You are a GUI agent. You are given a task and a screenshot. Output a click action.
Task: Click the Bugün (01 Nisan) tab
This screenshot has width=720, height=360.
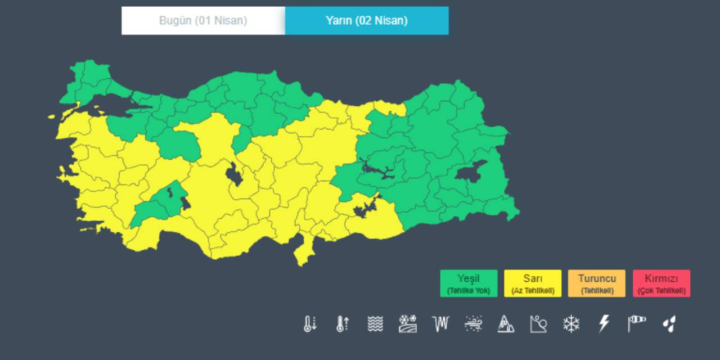click(203, 21)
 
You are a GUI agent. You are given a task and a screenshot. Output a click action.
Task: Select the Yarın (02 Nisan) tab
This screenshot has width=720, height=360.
click(367, 21)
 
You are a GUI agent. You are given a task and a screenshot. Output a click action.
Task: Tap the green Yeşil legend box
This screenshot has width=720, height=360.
click(469, 283)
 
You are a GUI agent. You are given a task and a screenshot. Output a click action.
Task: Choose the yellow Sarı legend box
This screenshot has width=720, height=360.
click(533, 283)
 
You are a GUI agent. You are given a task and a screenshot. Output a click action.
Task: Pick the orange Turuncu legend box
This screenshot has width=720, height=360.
click(597, 283)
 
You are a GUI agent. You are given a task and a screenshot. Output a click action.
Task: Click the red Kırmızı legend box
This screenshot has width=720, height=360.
click(661, 283)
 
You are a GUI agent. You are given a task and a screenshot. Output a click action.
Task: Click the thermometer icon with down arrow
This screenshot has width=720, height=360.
click(310, 323)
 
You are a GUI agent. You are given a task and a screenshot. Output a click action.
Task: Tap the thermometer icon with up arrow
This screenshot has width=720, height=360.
click(343, 323)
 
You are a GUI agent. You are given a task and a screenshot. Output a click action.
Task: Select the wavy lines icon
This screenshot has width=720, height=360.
click(375, 323)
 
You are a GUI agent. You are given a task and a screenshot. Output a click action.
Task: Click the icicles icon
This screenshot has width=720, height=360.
click(440, 323)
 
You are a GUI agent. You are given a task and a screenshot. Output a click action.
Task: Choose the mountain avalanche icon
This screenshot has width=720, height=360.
click(506, 323)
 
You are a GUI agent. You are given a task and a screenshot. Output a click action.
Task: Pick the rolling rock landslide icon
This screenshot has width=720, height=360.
click(538, 323)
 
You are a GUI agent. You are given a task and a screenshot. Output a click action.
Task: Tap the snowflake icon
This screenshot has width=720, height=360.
click(571, 323)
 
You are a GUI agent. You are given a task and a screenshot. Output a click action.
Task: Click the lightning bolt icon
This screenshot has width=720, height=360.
click(604, 323)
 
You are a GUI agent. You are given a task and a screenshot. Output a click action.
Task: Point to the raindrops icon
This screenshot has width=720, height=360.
click(669, 323)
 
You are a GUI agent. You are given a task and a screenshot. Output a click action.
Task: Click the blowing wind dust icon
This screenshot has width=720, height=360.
click(473, 323)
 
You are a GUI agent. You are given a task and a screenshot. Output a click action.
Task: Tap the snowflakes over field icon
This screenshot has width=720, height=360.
click(408, 323)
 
